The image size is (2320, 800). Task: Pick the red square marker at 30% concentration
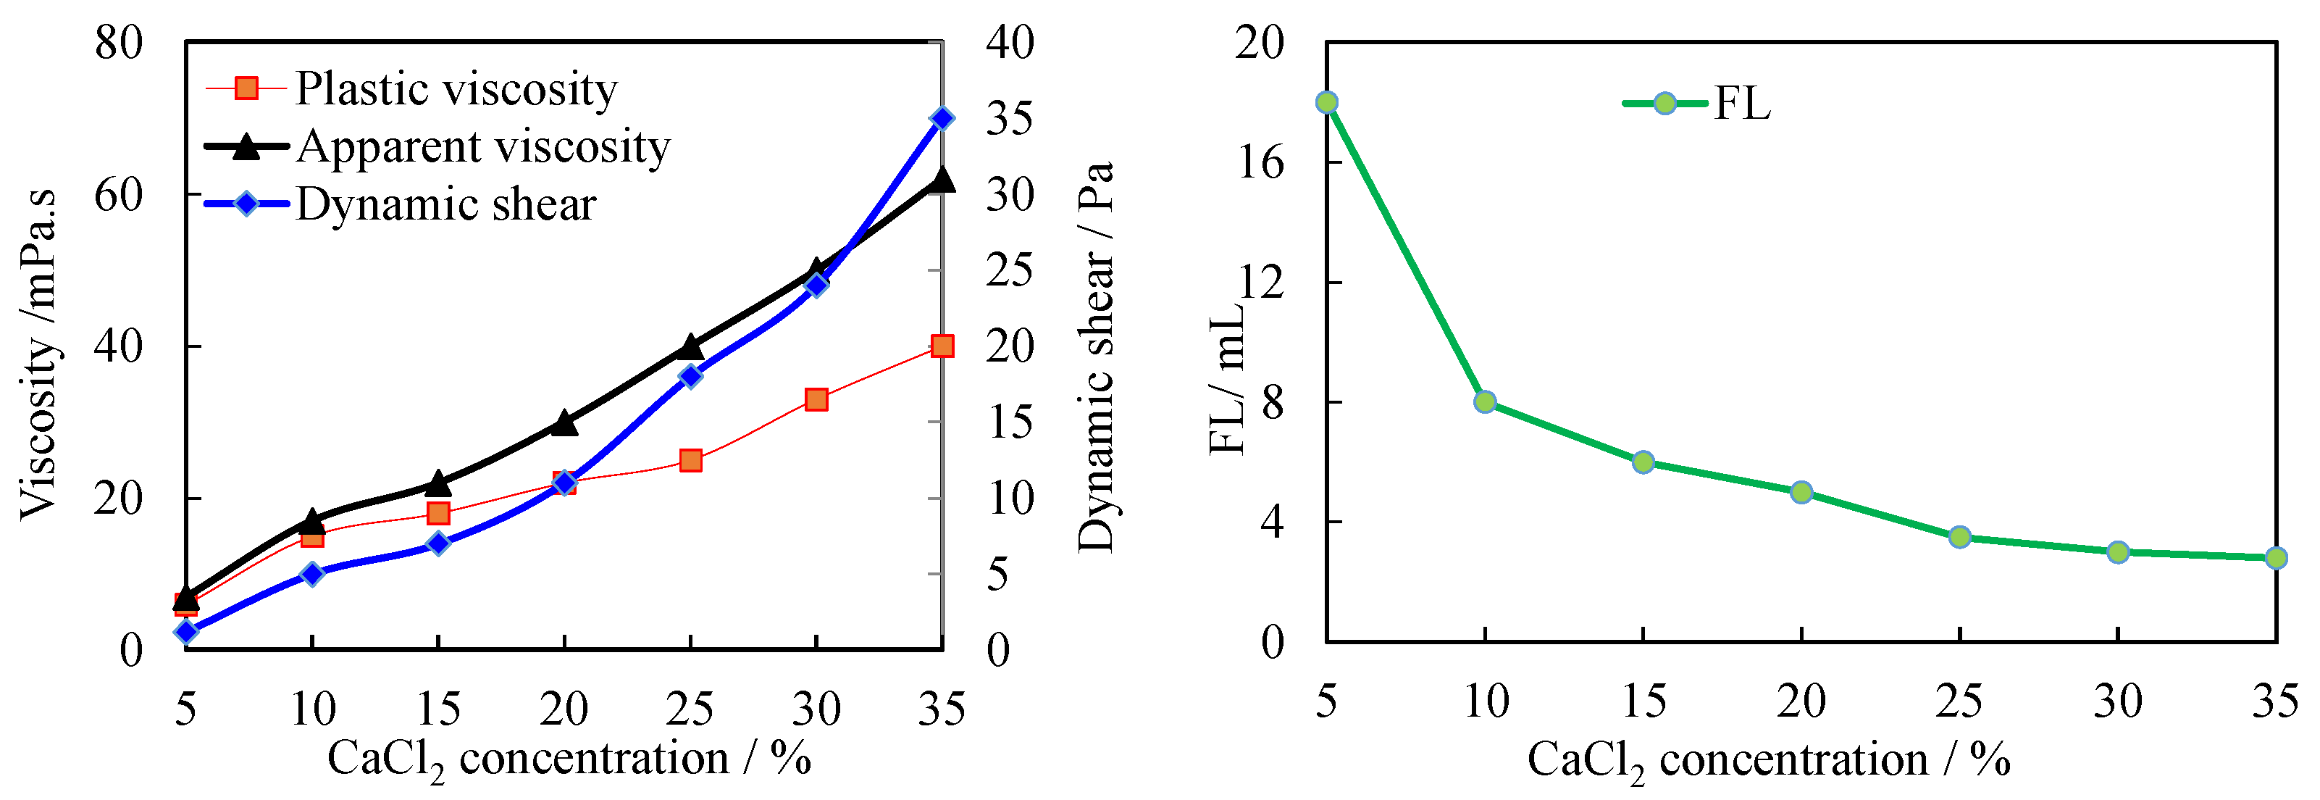tap(816, 399)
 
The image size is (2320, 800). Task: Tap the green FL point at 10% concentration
tap(1485, 401)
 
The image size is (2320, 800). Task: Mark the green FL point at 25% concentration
tap(1960, 537)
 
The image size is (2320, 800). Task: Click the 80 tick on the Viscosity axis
tap(119, 42)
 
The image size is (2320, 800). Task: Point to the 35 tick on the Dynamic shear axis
tap(1010, 118)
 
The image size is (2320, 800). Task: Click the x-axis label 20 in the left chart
tap(564, 709)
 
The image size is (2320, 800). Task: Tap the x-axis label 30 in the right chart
tap(2117, 700)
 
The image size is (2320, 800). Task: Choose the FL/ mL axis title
tap(1226, 378)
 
